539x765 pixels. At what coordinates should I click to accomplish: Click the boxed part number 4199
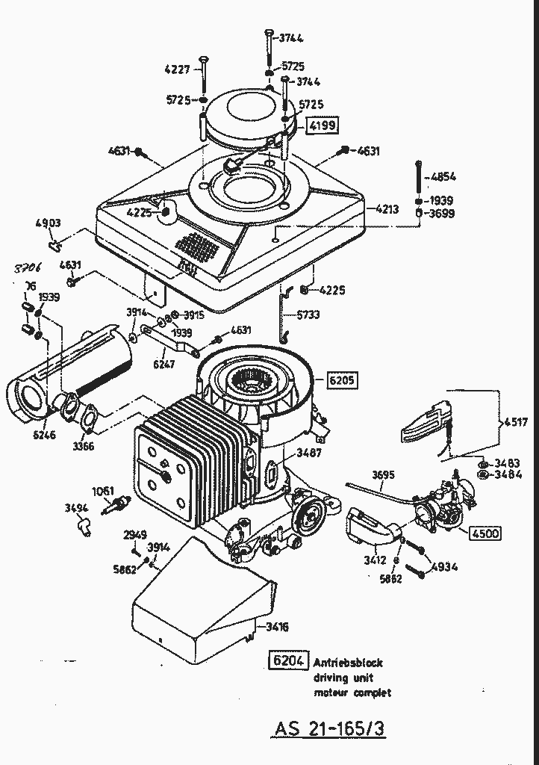(x=323, y=125)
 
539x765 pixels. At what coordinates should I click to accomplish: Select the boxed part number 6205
(x=341, y=380)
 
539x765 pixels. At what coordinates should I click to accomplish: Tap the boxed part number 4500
(x=485, y=533)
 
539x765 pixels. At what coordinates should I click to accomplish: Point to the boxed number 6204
(x=287, y=661)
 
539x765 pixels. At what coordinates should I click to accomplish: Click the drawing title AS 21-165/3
(x=329, y=728)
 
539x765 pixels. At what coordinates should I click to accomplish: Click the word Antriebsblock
(x=348, y=662)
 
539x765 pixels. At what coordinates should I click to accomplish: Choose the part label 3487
(x=310, y=453)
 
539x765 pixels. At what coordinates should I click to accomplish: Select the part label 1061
(x=103, y=491)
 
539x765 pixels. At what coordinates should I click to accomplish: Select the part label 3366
(x=84, y=447)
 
